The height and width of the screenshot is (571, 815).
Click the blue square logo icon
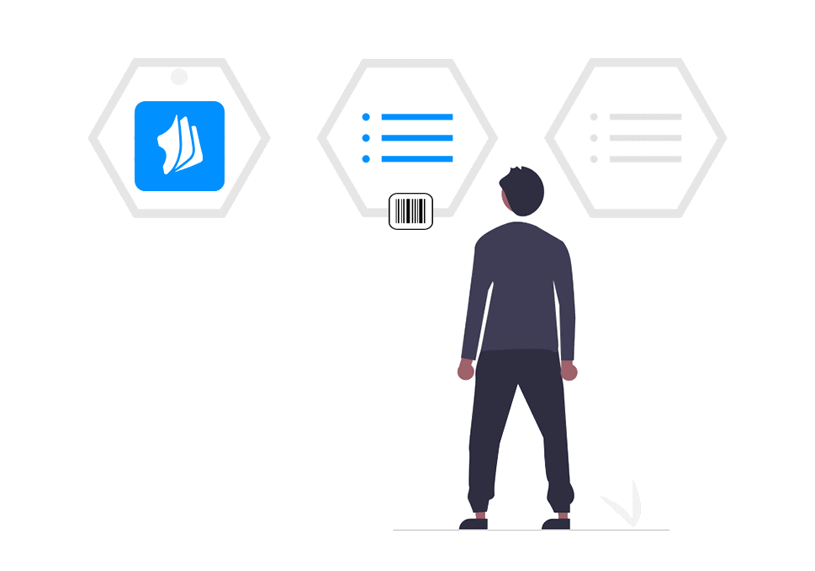pos(179,146)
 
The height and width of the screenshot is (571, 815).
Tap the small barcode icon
pos(410,211)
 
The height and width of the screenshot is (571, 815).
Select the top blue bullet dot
pos(366,117)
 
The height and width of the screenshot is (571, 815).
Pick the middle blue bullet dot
pos(366,138)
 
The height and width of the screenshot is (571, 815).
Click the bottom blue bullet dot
pos(366,158)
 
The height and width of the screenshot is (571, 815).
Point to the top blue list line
pos(417,117)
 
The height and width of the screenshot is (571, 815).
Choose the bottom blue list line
pos(417,158)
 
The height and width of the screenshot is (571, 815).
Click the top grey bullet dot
pos(594,117)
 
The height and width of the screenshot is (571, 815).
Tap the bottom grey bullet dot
pos(594,158)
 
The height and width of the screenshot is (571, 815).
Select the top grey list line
pos(645,117)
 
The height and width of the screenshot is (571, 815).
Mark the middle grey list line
pos(645,137)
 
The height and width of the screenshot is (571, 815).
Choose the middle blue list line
pos(417,138)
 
